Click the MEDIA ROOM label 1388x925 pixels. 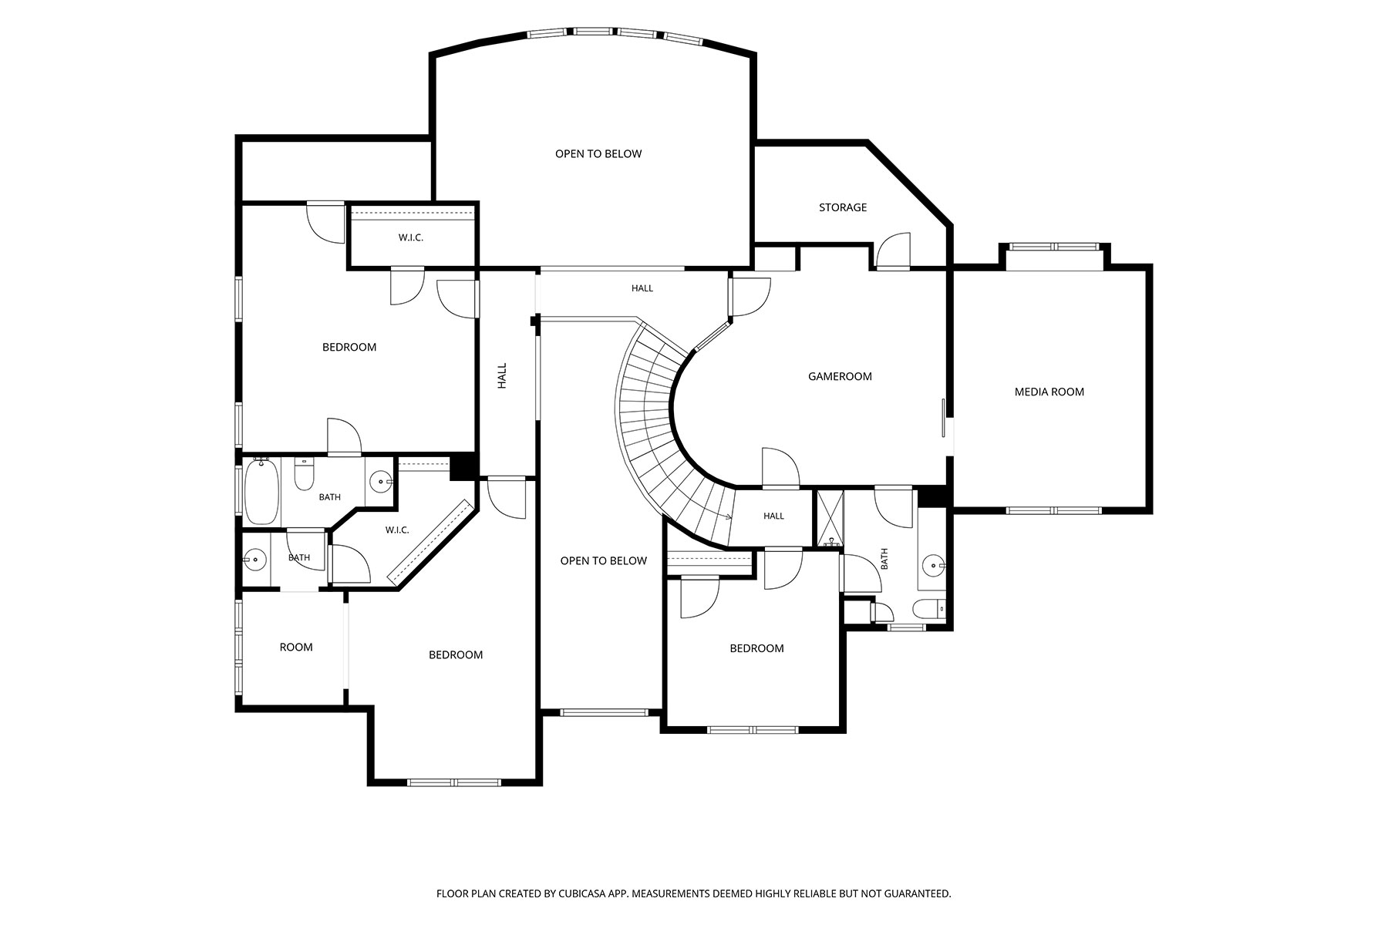(1049, 392)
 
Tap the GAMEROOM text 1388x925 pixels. (840, 376)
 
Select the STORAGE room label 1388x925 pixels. (843, 207)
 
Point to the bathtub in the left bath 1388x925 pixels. (261, 491)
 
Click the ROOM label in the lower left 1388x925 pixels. (296, 647)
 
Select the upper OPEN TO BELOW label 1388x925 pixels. (598, 153)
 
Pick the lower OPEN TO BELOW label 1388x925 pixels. (603, 560)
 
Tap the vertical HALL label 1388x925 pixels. (502, 375)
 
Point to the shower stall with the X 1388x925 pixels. (830, 518)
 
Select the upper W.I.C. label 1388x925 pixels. (410, 237)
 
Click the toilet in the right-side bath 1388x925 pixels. (929, 609)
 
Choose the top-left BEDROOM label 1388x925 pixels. (349, 347)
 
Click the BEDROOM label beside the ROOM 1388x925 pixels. (456, 654)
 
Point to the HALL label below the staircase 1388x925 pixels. (773, 516)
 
